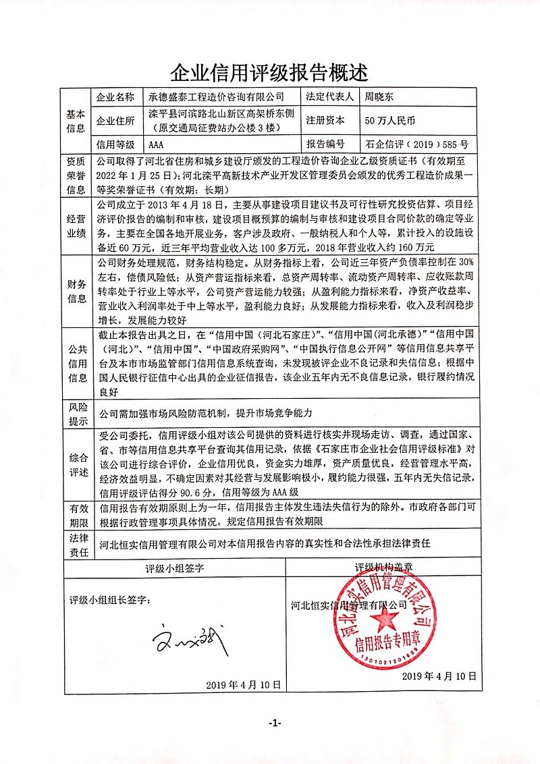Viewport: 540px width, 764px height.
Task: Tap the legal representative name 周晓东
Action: (378, 97)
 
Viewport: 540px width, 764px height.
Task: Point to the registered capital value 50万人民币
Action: (391, 121)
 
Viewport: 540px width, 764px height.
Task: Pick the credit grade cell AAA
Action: (156, 144)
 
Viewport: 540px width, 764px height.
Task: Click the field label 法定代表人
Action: (330, 97)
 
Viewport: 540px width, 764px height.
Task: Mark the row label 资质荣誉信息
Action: (76, 176)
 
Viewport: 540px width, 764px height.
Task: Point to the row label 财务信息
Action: (76, 290)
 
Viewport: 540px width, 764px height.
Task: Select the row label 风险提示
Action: (76, 414)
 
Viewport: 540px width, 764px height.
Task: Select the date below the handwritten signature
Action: (242, 684)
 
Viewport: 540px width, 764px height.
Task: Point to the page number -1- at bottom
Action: (274, 724)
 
